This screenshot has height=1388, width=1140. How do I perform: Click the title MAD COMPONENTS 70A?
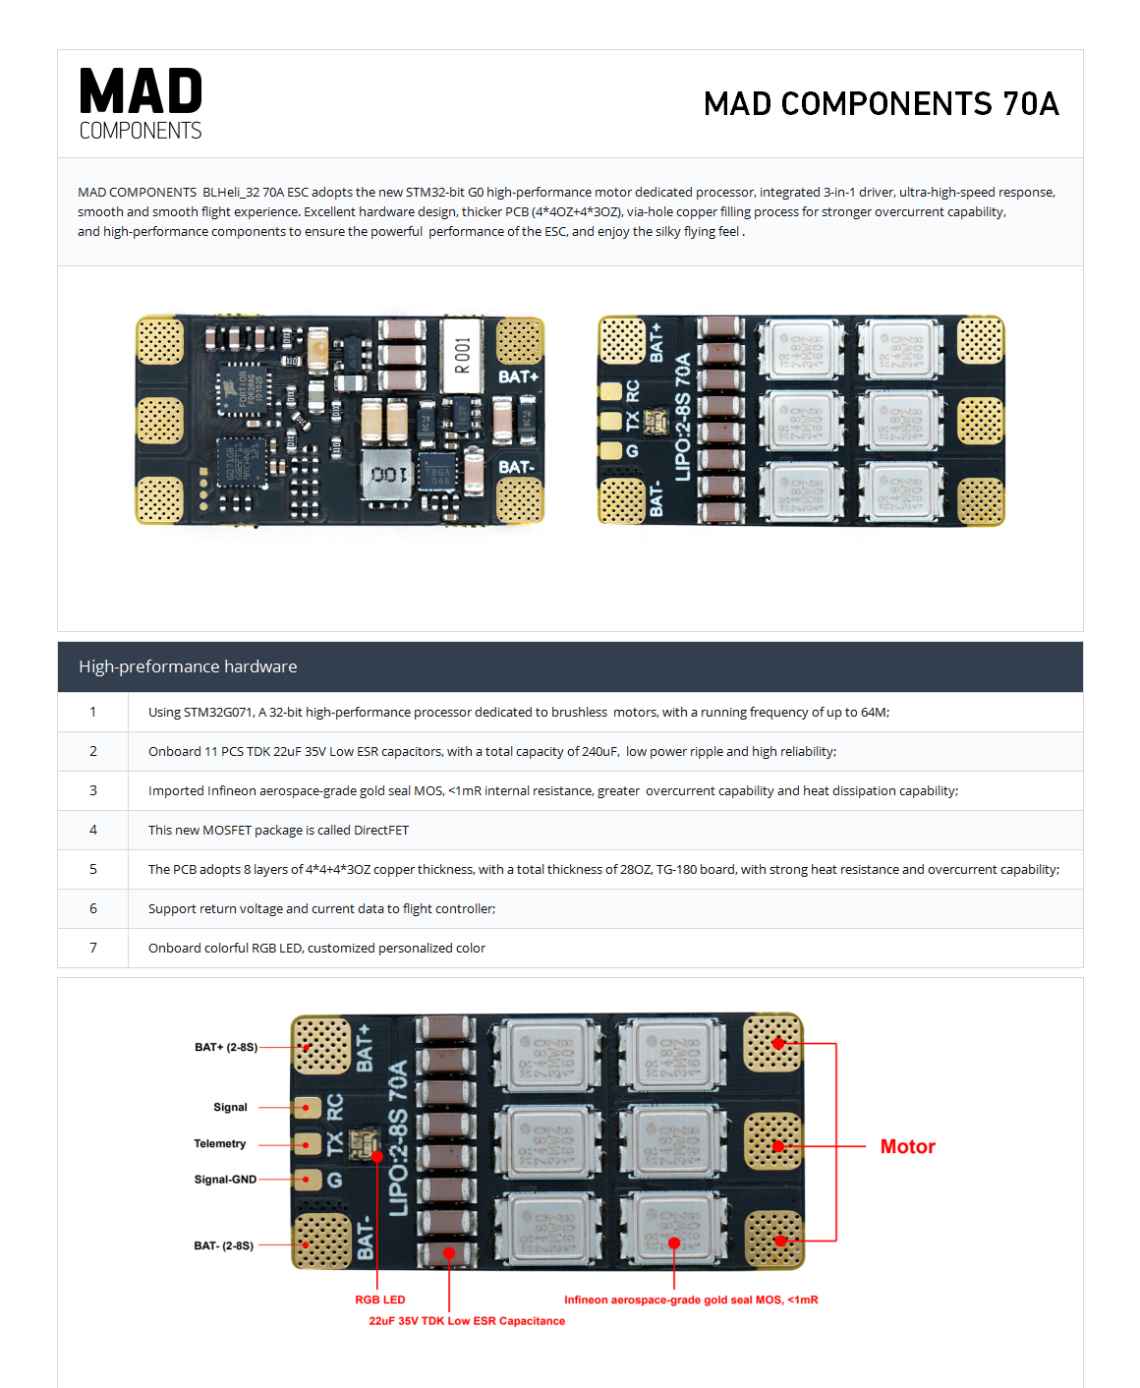881,103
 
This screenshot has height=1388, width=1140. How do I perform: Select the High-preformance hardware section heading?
188,666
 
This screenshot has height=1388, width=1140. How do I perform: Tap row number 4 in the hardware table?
93,830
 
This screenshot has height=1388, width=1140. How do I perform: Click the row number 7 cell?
93,948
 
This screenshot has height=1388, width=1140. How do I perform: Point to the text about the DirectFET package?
278,830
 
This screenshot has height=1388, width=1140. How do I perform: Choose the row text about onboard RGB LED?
316,948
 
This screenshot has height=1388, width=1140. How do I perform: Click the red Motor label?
907,1146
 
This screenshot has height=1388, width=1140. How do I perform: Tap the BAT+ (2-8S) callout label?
226,1047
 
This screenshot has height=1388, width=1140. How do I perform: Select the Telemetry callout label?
220,1143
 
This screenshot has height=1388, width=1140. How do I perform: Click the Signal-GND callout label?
225,1180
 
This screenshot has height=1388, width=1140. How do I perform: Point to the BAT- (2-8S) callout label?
223,1245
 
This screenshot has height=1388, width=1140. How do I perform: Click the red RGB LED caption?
380,1300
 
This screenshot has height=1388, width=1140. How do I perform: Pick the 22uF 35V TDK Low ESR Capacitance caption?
467,1321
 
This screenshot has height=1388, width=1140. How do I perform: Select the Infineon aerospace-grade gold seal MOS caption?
691,1300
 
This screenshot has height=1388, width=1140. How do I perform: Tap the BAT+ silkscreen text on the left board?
518,376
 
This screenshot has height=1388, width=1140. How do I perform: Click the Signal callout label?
230,1107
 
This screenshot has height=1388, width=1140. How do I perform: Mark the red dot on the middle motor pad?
778,1146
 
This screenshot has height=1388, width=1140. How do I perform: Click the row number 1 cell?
93,712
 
